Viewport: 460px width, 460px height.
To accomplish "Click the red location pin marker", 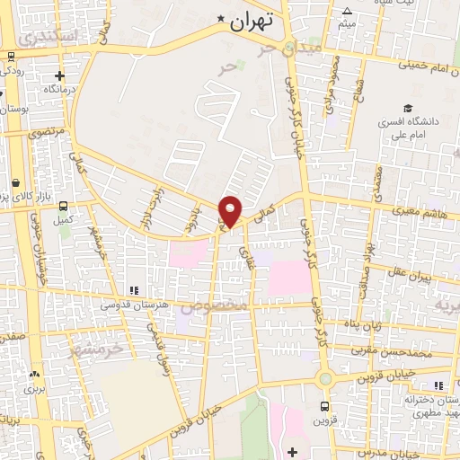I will [x=231, y=209].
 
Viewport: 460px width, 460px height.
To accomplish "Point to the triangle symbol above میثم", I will [x=347, y=11].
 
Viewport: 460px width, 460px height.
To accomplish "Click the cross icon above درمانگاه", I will [x=60, y=77].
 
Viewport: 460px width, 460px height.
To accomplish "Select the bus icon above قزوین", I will [x=324, y=406].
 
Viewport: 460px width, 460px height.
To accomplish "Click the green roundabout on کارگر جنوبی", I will [x=326, y=378].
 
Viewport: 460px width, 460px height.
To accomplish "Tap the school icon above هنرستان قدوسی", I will [x=133, y=290].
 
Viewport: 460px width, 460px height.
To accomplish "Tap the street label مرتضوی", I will [x=47, y=131].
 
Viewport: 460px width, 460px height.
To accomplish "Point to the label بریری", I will [x=33, y=390].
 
